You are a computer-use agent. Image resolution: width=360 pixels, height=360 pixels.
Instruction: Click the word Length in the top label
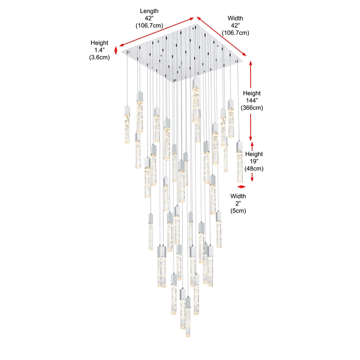coord(149,11)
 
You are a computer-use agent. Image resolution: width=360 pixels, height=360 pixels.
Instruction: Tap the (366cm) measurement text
coord(252,108)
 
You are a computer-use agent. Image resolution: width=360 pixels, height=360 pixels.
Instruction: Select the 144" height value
coord(252,100)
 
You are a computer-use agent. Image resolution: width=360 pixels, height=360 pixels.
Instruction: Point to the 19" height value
coord(254,161)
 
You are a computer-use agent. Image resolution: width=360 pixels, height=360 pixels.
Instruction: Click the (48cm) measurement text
coord(254,168)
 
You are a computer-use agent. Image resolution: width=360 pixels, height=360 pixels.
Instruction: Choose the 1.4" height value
coord(99,50)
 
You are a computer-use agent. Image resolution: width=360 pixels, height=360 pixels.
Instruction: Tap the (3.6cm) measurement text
coord(99,58)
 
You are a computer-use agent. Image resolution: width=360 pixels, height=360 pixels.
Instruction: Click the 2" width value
coord(238,203)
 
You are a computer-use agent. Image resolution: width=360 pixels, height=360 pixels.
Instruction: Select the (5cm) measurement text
coord(238,211)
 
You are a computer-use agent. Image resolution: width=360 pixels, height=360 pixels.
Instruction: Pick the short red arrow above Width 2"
coord(242,187)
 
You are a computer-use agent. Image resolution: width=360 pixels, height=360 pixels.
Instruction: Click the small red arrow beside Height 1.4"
coord(116,50)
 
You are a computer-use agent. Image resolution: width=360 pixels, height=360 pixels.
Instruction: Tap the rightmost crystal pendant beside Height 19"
coord(239,162)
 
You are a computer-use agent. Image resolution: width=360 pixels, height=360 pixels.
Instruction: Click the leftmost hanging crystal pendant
coord(127,125)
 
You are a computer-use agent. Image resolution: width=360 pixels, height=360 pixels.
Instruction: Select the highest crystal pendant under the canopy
coord(196,100)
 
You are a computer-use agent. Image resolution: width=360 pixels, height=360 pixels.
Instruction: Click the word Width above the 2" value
coord(238,196)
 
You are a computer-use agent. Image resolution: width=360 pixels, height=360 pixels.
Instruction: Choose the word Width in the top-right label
coord(235,18)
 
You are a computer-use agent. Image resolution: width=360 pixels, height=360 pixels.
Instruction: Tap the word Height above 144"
coord(252,93)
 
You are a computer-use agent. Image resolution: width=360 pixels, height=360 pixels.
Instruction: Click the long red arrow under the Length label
coord(156,32)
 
